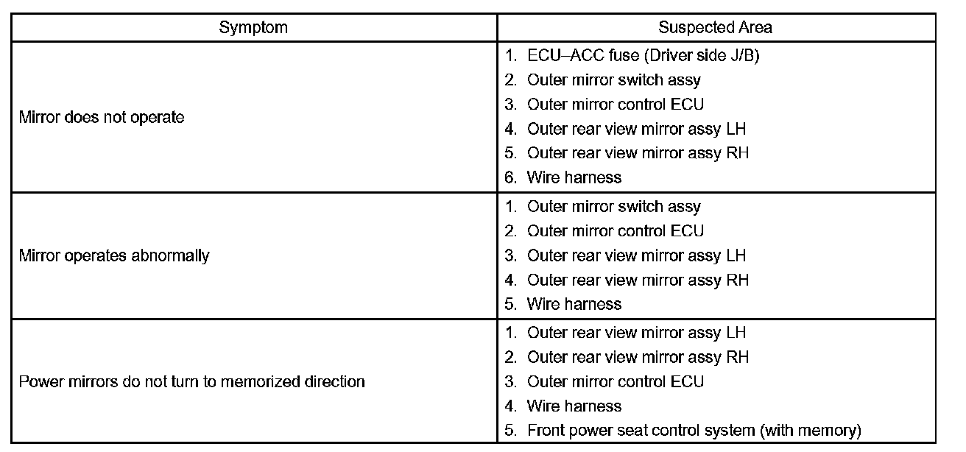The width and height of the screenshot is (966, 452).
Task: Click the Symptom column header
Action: click(x=253, y=28)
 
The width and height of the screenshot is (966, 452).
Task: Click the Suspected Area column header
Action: click(x=715, y=28)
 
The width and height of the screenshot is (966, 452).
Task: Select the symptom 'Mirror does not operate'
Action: click(x=102, y=117)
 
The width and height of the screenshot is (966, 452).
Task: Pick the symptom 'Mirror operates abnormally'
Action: click(x=114, y=255)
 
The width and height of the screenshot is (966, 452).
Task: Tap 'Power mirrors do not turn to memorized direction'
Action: click(x=191, y=381)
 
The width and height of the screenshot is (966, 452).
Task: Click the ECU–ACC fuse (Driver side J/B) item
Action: click(x=642, y=55)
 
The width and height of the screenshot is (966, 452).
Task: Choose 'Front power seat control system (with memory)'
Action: click(x=694, y=430)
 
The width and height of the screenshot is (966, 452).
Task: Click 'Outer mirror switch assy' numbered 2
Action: click(x=613, y=80)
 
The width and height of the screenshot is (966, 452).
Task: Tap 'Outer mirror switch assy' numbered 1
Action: click(x=613, y=207)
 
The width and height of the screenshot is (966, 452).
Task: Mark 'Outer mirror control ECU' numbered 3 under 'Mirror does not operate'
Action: click(x=615, y=104)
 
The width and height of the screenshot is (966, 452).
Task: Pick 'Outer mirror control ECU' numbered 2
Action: click(x=615, y=231)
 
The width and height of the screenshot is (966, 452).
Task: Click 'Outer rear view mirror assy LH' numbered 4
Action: click(x=636, y=129)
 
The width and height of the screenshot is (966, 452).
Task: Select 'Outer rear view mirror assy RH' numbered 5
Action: click(x=638, y=153)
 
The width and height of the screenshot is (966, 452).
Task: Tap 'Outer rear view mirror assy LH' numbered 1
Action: click(x=636, y=333)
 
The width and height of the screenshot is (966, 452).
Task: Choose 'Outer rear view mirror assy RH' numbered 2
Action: click(x=638, y=357)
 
